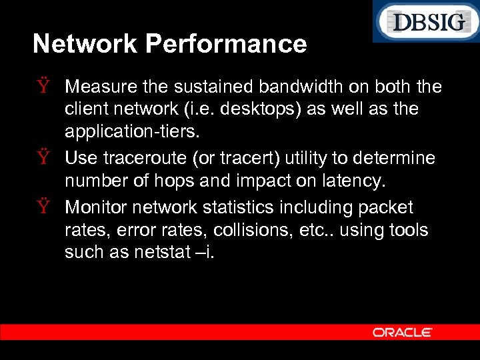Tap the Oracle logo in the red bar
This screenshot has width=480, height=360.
pyautogui.click(x=402, y=332)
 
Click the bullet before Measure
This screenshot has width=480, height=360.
pyautogui.click(x=44, y=87)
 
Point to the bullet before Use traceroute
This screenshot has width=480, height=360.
pyautogui.click(x=44, y=159)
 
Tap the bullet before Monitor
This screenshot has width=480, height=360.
pyautogui.click(x=44, y=208)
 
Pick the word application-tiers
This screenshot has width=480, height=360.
pyautogui.click(x=131, y=131)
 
